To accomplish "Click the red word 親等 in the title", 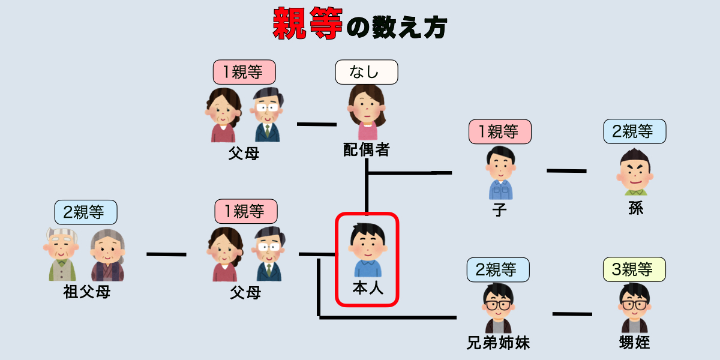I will tap(308, 23).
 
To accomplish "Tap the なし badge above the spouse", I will tap(366, 72).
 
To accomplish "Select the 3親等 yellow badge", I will tap(635, 270).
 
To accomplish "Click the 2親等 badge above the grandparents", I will tap(86, 212).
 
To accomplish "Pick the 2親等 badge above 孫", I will tap(635, 131).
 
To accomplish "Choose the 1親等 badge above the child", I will tap(500, 131).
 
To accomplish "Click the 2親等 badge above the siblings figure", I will tap(499, 270).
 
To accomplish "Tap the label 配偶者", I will tap(366, 150).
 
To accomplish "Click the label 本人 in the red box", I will tap(367, 289).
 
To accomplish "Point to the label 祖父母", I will tap(86, 293).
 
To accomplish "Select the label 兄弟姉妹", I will tap(499, 343).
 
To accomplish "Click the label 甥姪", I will tap(635, 343).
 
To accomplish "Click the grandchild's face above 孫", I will tap(635, 170).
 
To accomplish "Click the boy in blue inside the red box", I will tap(367, 250).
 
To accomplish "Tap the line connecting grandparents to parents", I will tap(166, 254).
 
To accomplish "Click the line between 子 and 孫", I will tap(566, 171).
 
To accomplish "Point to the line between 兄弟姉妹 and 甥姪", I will tap(572, 314).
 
